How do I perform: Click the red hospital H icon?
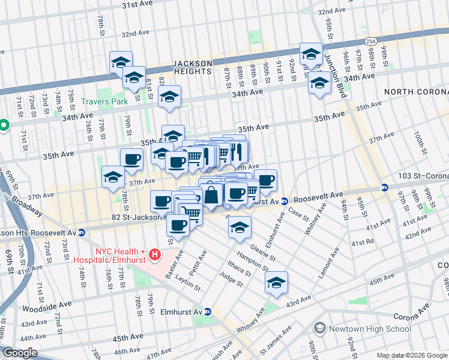(x=155, y=255)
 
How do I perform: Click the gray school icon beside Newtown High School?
(x=319, y=328)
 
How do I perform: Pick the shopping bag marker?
(x=211, y=194)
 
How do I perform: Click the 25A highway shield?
(x=371, y=41)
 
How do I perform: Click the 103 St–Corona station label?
(x=423, y=176)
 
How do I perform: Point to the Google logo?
(x=20, y=353)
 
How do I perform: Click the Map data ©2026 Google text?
(x=412, y=355)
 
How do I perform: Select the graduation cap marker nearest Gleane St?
(x=240, y=228)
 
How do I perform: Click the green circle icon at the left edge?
(x=4, y=125)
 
